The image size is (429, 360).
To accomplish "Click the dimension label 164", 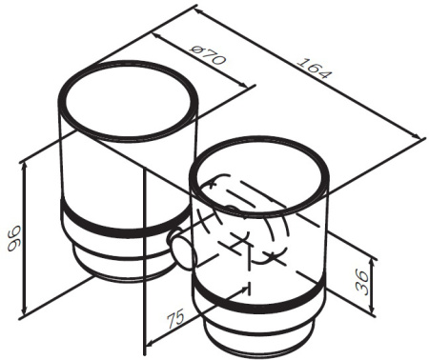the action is (314, 69).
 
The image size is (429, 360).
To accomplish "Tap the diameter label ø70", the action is (208, 54).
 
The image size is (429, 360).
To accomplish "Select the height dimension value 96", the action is (14, 238).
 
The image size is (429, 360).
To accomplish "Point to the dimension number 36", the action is (362, 282).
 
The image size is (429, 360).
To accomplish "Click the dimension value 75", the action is (175, 318).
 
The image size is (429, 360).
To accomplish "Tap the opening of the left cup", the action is (128, 101).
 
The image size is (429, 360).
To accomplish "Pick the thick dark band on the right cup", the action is (259, 304).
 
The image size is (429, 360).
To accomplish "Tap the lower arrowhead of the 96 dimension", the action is (24, 311).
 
